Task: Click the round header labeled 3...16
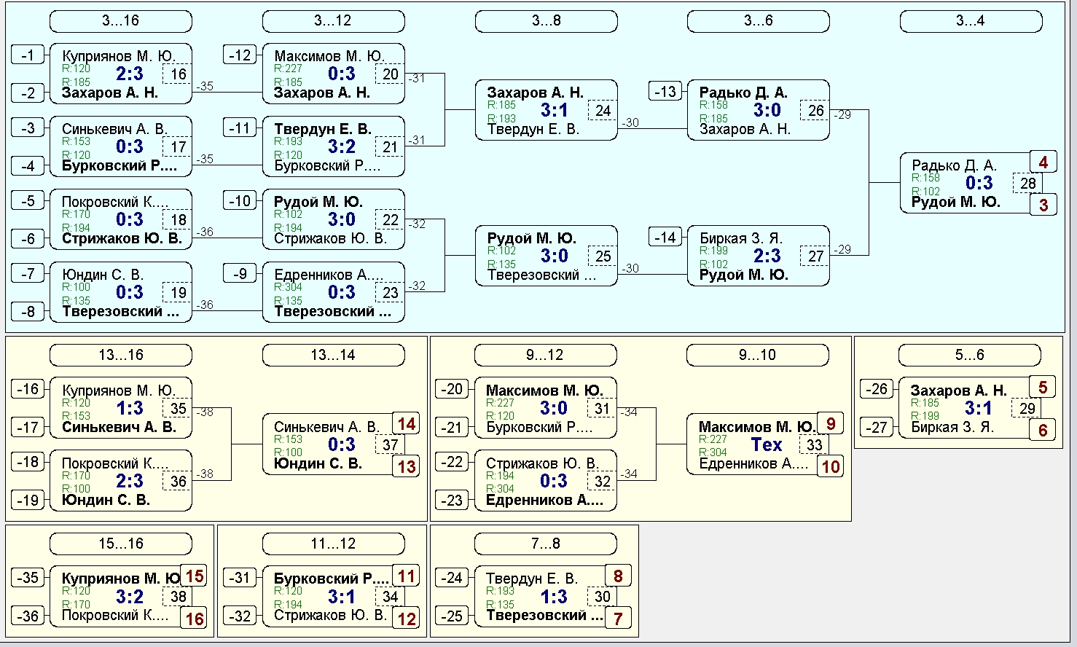click(x=121, y=21)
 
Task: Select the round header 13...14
click(x=333, y=356)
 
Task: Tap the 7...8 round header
click(x=545, y=544)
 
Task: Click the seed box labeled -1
click(x=28, y=55)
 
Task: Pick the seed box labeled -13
click(x=665, y=91)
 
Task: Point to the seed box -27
click(x=876, y=427)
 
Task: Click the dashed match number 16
click(x=177, y=74)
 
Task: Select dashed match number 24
click(x=603, y=111)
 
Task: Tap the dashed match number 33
click(x=814, y=444)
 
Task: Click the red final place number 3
click(x=1043, y=205)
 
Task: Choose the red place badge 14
click(x=407, y=424)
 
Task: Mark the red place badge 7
click(x=618, y=619)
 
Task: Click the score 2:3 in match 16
click(x=129, y=74)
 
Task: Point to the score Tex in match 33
click(x=767, y=444)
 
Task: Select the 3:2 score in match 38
click(x=129, y=597)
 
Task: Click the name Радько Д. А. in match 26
click(x=743, y=93)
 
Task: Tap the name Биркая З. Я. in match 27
click(x=741, y=238)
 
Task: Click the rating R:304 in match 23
click(x=288, y=287)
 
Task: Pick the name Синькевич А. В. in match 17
click(x=114, y=129)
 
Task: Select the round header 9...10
click(x=757, y=356)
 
